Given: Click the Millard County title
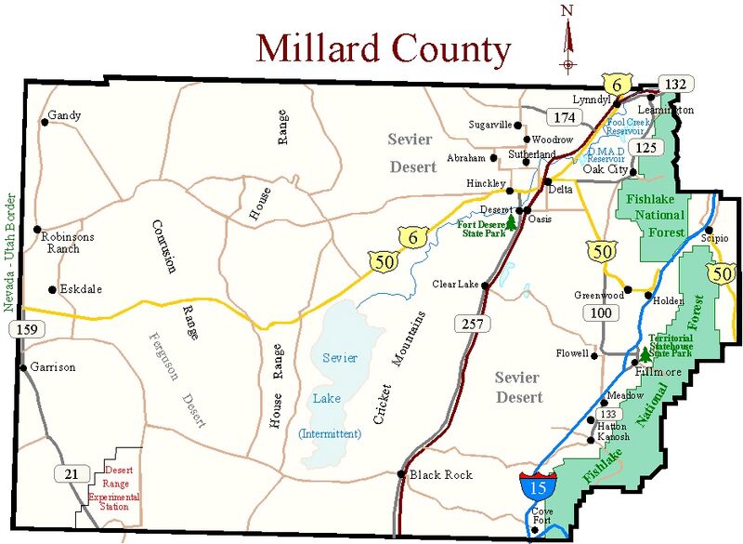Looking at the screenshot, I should [383, 47].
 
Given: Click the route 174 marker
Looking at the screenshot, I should [561, 117].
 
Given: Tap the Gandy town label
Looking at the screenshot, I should [65, 116].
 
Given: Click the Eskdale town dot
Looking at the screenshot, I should [51, 289].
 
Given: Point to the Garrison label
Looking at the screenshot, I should [52, 367].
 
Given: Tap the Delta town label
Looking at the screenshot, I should [560, 189].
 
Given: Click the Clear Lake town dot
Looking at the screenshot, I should [485, 285].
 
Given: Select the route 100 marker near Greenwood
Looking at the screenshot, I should [600, 312].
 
